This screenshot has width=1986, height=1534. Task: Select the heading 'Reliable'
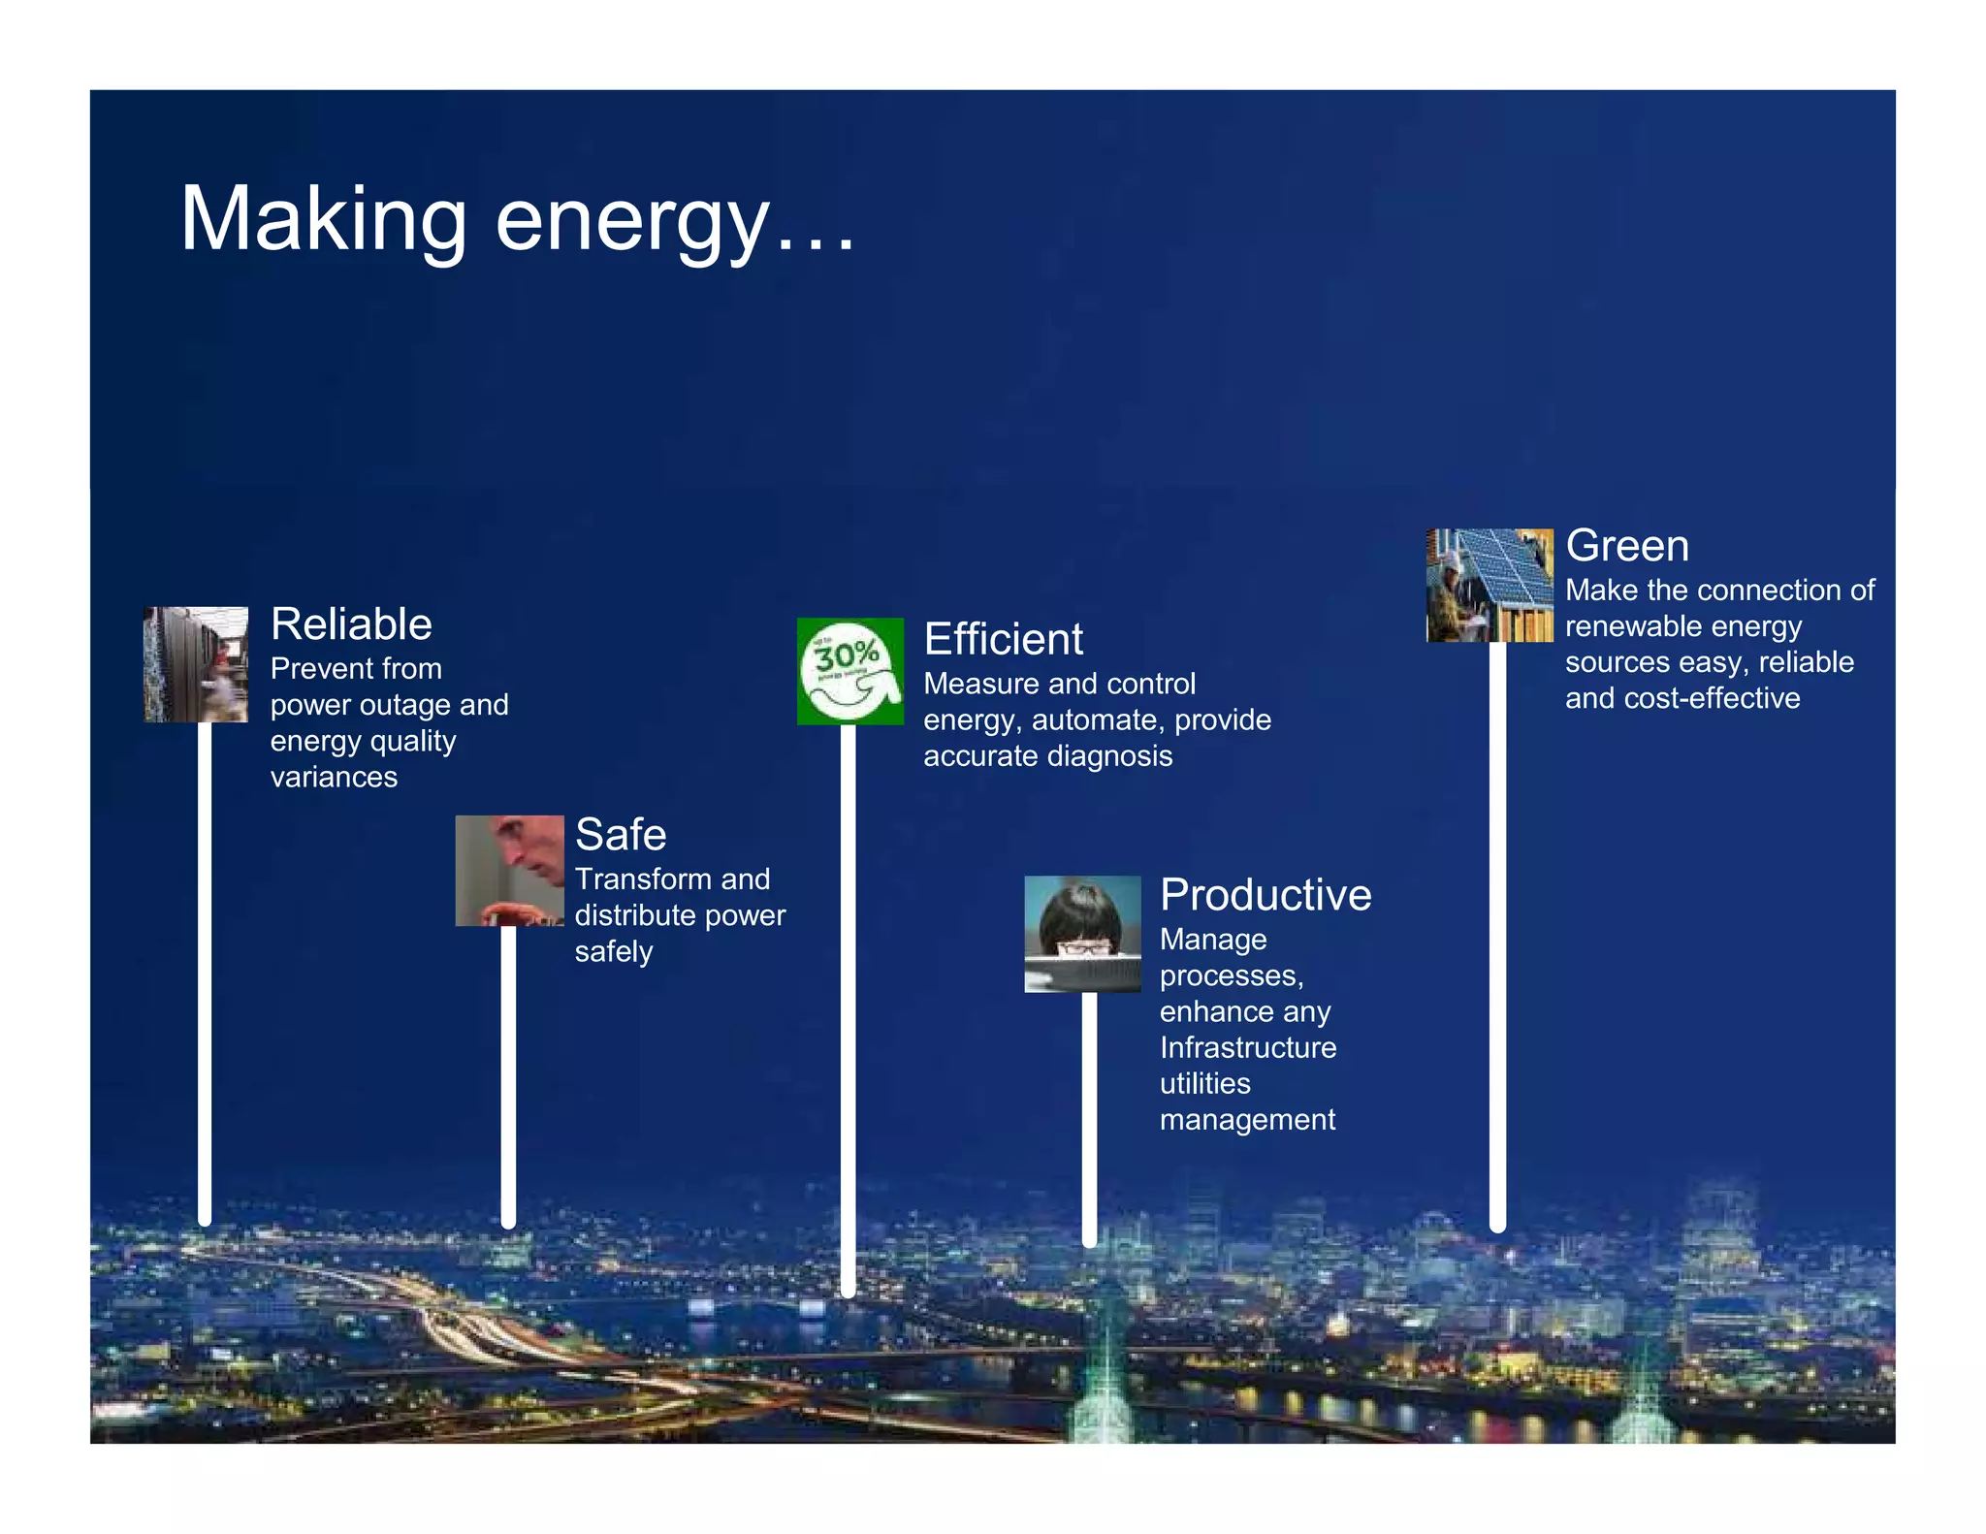[351, 624]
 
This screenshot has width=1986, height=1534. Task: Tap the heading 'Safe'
[621, 835]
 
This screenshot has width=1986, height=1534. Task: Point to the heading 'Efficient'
[1003, 640]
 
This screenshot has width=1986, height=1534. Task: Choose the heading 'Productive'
[1265, 895]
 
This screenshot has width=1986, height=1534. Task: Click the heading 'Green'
[1627, 546]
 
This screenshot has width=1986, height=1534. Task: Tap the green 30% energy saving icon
[849, 671]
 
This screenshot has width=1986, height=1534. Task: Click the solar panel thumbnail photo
[1489, 585]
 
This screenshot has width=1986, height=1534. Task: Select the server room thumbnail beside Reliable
[196, 664]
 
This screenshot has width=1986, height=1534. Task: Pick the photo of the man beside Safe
[509, 870]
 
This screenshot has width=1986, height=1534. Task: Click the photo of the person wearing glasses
[1082, 934]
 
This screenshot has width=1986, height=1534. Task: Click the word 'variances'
[334, 778]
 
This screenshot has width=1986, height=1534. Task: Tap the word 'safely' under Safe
[613, 952]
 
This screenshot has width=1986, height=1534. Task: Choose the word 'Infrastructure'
[1248, 1048]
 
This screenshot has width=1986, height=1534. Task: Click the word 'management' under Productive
[1247, 1120]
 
